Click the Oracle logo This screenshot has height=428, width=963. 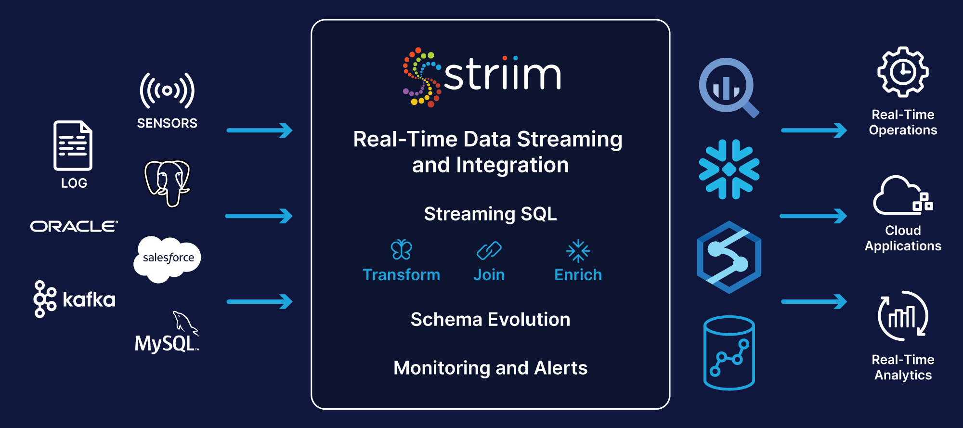(74, 226)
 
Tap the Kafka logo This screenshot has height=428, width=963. (74, 299)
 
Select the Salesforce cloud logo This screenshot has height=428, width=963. (167, 259)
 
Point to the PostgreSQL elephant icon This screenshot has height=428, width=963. (168, 183)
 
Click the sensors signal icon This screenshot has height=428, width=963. (167, 91)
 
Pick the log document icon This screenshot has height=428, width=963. (73, 145)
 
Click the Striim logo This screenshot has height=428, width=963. (481, 77)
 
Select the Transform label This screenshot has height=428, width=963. (401, 275)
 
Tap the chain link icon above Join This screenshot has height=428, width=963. (489, 250)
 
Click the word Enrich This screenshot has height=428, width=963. (578, 275)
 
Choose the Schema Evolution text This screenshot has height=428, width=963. (490, 320)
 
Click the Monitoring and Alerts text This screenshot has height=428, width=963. (490, 368)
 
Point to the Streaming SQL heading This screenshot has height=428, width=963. (490, 214)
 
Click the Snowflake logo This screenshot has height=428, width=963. (729, 169)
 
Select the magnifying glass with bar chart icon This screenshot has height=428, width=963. (729, 88)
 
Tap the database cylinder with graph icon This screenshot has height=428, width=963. (729, 352)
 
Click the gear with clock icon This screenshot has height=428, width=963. (903, 72)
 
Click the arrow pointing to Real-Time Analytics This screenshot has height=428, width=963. (814, 302)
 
